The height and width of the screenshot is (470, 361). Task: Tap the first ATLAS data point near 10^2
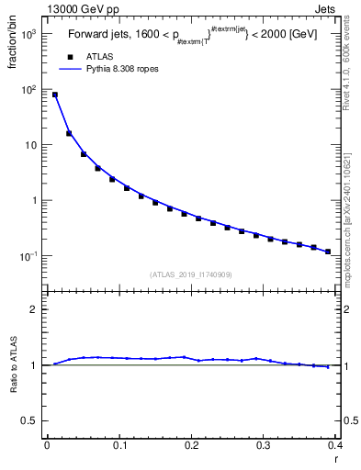point(54,95)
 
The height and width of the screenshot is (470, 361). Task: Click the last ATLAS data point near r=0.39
point(328,251)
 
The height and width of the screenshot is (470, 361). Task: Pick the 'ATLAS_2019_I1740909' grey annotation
point(190,274)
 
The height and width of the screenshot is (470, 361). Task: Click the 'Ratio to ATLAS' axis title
point(15,364)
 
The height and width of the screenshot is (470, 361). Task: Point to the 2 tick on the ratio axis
point(35,309)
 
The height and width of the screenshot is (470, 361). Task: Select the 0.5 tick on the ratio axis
point(31,420)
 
